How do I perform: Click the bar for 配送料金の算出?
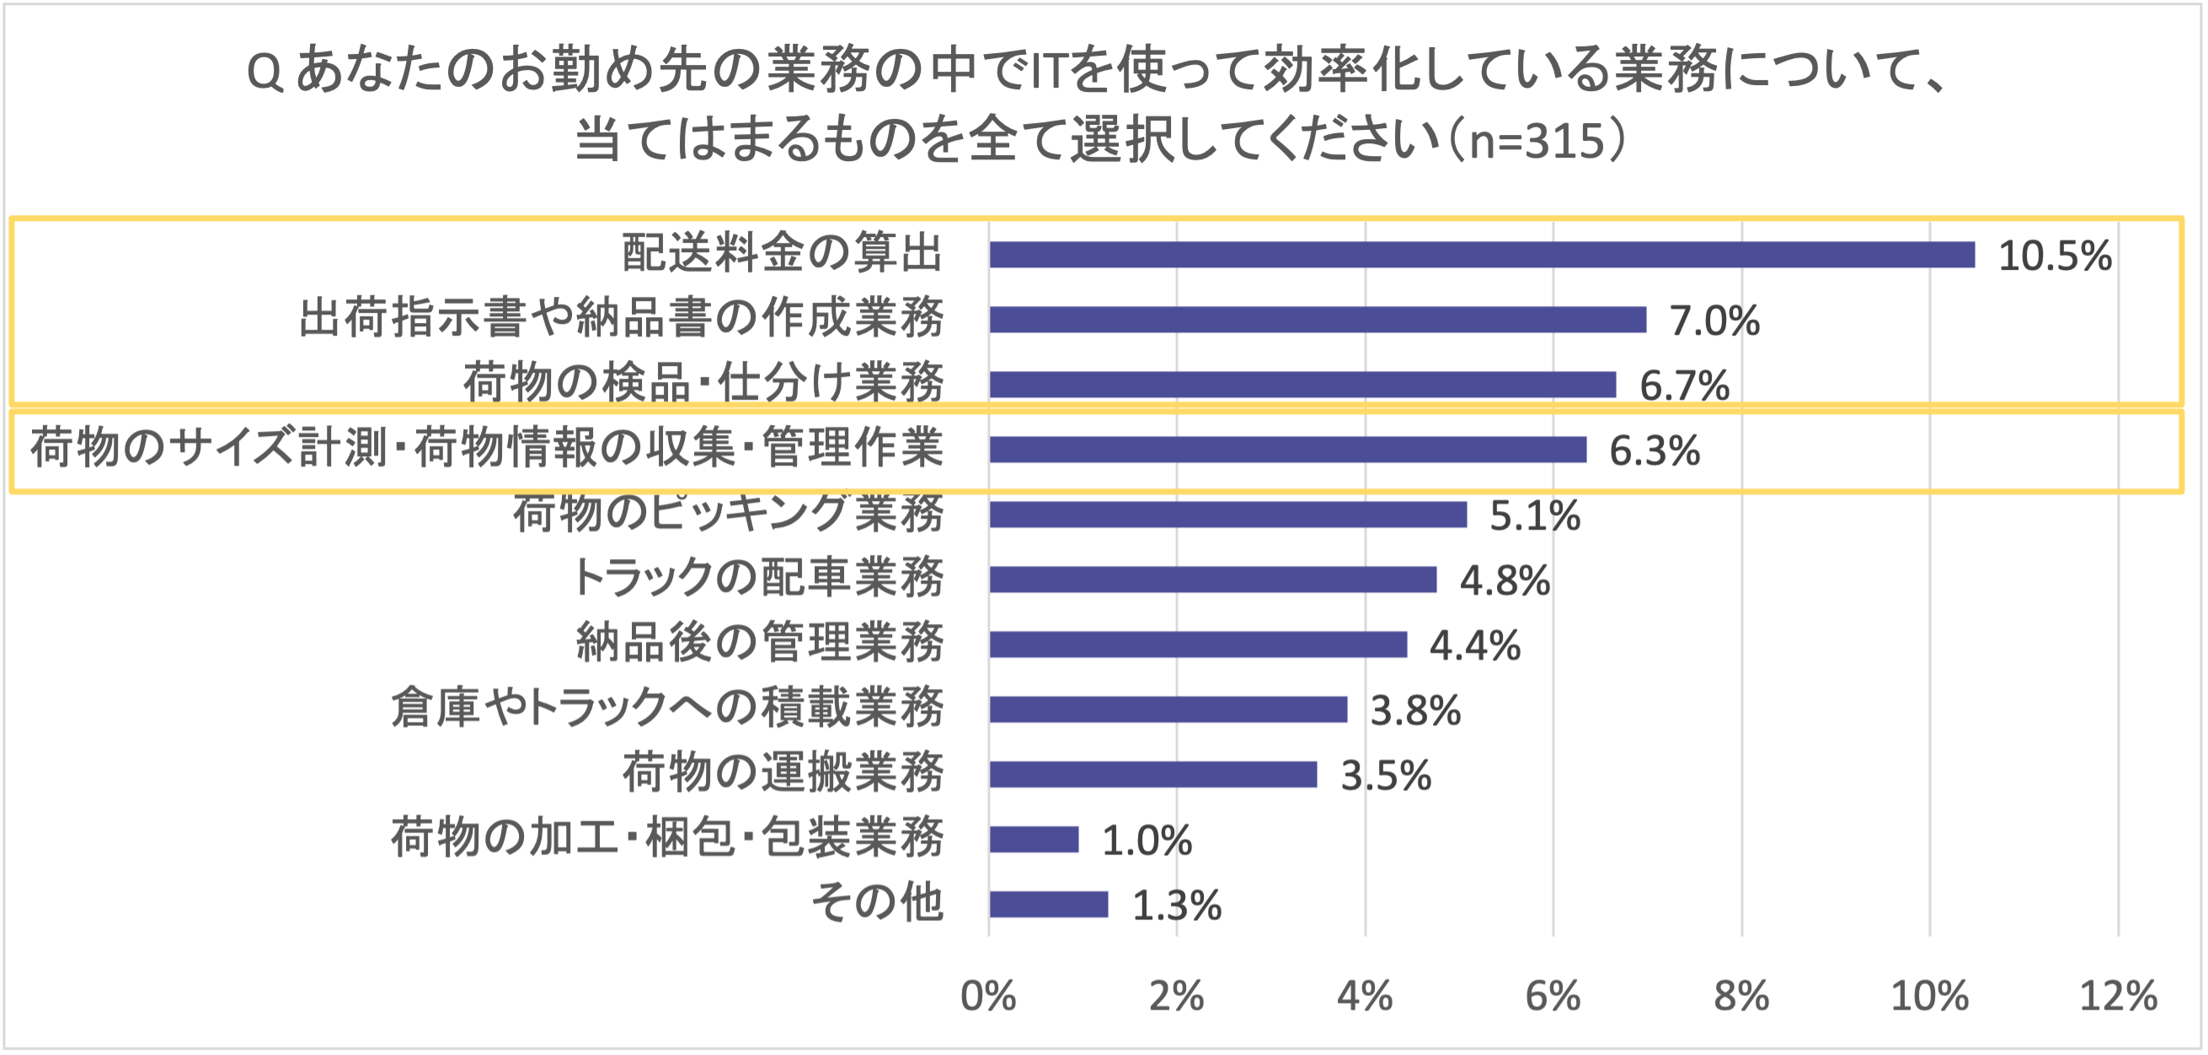click(x=1481, y=255)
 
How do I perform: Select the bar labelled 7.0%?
click(x=1318, y=319)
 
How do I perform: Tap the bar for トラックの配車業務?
click(x=1213, y=579)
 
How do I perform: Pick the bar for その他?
click(x=1048, y=904)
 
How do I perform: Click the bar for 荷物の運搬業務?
click(x=1152, y=773)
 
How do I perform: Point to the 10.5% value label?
click(x=2055, y=256)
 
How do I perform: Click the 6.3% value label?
click(x=1655, y=451)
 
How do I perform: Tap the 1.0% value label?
click(x=1146, y=841)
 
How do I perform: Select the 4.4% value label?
click(x=1474, y=646)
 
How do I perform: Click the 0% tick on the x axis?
click(x=988, y=997)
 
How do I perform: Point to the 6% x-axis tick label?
click(x=1553, y=997)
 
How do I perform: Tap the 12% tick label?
click(x=2118, y=997)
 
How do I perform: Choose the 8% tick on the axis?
click(x=1741, y=997)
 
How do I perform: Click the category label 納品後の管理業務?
click(x=759, y=643)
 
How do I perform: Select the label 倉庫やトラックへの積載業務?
click(x=667, y=708)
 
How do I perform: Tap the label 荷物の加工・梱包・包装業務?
click(x=667, y=838)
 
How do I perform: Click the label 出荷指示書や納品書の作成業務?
click(x=622, y=318)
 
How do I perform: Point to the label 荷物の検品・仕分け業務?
click(x=703, y=383)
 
